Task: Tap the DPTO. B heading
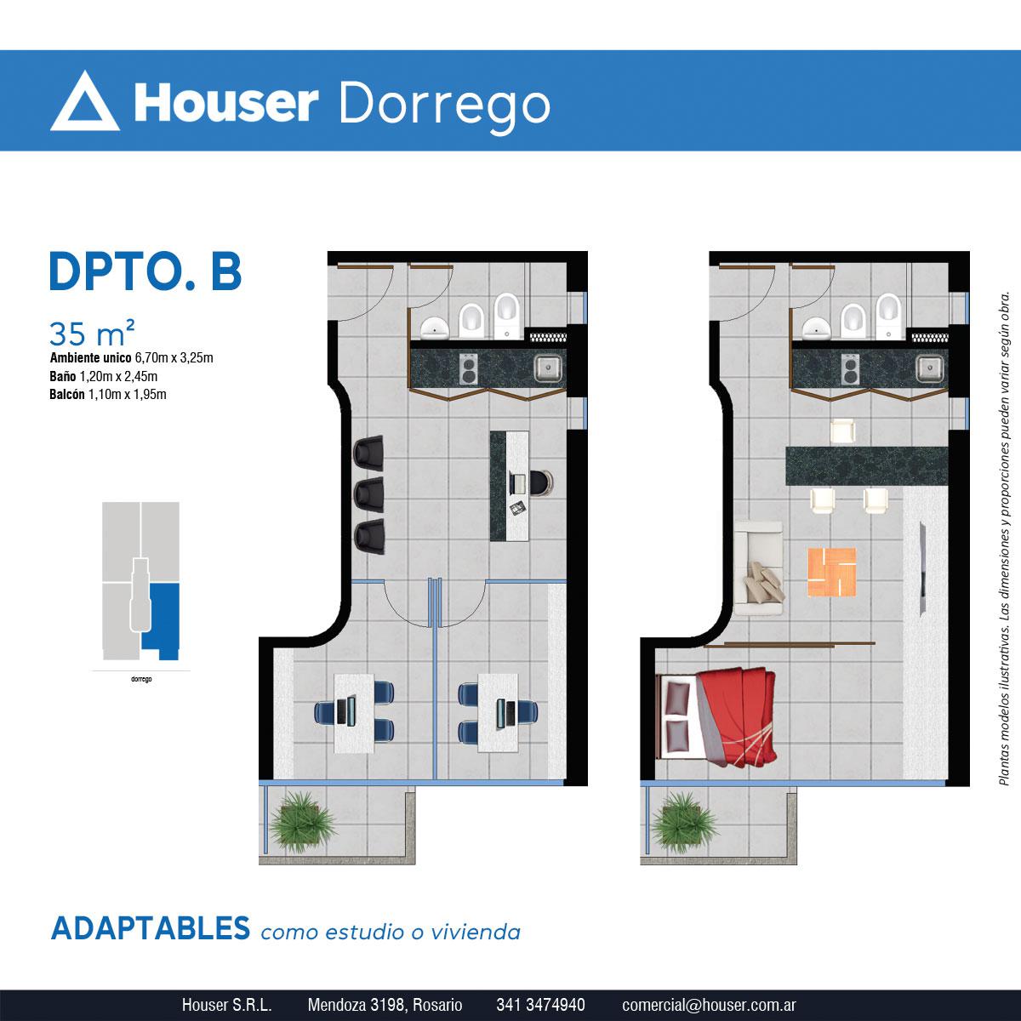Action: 145,271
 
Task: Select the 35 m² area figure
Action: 92,333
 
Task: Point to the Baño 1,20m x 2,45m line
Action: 103,376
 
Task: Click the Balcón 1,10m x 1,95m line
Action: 108,394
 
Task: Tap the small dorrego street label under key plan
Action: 141,679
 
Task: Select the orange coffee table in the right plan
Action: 832,572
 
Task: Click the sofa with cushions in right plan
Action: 759,568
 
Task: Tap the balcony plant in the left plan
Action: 302,822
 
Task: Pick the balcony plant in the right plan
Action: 684,822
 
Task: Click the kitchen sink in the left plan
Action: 548,368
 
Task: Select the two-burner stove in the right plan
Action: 851,368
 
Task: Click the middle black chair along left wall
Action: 369,495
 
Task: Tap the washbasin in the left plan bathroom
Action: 435,328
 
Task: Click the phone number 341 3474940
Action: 540,1005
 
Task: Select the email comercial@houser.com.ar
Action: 709,1005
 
